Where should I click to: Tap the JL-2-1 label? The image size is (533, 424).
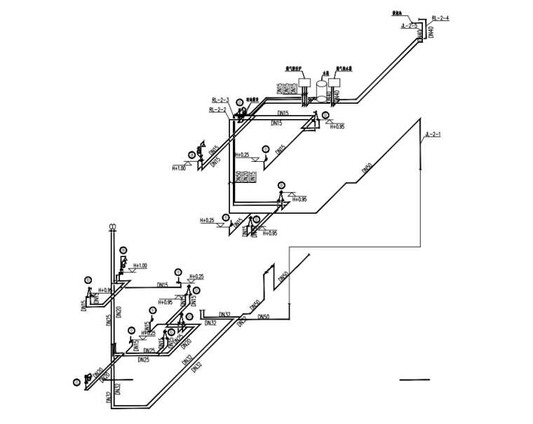point(433,135)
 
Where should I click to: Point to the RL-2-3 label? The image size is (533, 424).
point(220,100)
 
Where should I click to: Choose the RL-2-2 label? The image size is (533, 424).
point(217,110)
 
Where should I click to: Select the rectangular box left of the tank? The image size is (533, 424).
point(305,82)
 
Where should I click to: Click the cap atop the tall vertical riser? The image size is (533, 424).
point(112,226)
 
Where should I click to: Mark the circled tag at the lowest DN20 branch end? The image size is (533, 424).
point(76,381)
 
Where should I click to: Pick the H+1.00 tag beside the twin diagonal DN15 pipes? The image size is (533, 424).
point(180,168)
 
